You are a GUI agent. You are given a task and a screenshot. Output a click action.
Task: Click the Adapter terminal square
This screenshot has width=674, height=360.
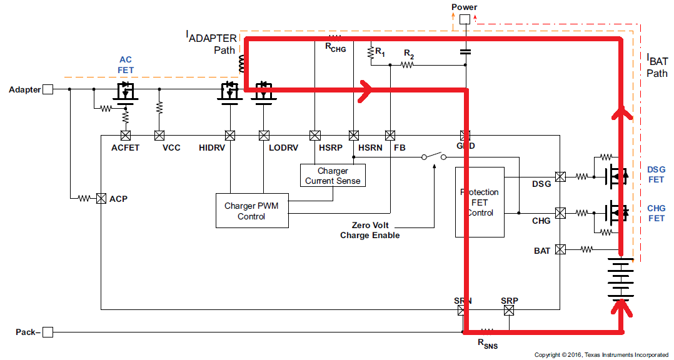tap(48, 89)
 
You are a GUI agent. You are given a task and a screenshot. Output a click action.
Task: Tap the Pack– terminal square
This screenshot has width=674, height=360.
tap(48, 332)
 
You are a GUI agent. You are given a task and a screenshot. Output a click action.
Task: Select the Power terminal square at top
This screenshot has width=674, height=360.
tap(465, 19)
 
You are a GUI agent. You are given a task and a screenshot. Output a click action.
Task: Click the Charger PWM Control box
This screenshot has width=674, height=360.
tap(251, 211)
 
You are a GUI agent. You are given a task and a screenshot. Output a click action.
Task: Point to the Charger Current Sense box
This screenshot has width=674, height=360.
tap(333, 176)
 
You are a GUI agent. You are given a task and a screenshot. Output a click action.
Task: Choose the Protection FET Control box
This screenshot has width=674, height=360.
tap(480, 202)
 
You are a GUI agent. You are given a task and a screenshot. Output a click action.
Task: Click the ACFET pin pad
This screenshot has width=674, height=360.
tap(125, 135)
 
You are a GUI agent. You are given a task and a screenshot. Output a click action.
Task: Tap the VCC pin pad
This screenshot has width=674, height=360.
tap(159, 135)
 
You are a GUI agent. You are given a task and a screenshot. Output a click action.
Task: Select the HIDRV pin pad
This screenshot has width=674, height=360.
tap(229, 135)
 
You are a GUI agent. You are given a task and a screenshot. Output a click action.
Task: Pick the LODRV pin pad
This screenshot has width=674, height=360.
tap(264, 135)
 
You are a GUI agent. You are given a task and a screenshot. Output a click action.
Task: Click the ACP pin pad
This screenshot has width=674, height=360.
tap(100, 199)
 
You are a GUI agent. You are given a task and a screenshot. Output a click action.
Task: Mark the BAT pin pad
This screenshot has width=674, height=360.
tap(560, 250)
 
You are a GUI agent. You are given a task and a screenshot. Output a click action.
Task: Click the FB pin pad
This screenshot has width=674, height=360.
tap(391, 135)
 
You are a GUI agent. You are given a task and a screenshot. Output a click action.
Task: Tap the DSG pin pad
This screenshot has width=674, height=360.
tap(560, 177)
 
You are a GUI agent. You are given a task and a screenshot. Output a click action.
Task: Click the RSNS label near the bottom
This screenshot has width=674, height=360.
tap(488, 343)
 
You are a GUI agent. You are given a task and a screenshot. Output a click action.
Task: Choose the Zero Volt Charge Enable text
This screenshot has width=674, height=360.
tap(370, 230)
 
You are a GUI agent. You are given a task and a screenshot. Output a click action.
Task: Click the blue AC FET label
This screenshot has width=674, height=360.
tap(126, 65)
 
